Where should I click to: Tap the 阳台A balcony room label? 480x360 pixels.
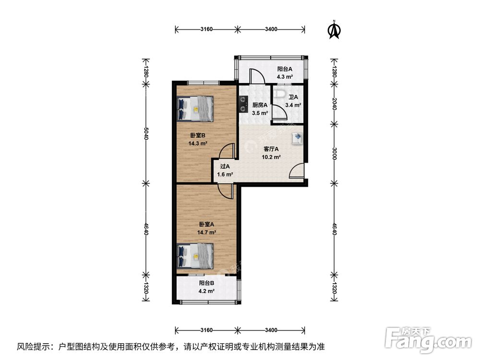pyautogui.click(x=285, y=69)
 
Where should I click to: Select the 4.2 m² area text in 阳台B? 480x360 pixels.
pyautogui.click(x=206, y=291)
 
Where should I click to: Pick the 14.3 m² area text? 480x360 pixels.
pyautogui.click(x=198, y=143)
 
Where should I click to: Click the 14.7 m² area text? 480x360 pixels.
pyautogui.click(x=206, y=232)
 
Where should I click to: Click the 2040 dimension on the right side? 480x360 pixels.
pyautogui.click(x=335, y=105)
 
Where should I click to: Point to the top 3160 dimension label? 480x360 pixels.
pyautogui.click(x=206, y=29)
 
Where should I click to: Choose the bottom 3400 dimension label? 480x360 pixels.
pyautogui.click(x=271, y=330)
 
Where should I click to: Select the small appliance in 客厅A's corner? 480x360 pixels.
pyautogui.click(x=297, y=138)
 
